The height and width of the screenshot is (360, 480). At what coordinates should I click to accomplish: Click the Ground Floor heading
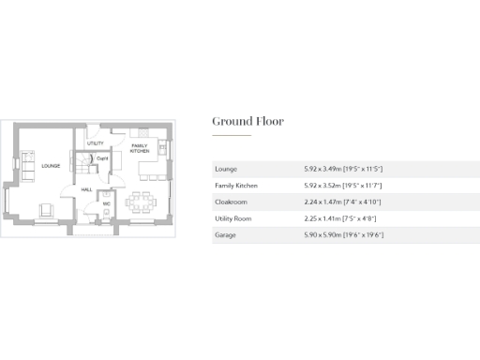[247, 121]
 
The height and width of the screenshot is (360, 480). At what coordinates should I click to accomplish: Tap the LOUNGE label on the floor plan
[51, 166]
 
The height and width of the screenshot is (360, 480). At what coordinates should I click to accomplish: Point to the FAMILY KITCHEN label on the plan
[139, 148]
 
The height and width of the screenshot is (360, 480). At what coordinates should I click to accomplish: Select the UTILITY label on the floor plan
[95, 142]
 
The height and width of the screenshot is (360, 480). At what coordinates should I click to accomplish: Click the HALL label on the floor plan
[86, 189]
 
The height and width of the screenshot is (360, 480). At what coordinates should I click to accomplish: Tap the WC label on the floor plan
[107, 203]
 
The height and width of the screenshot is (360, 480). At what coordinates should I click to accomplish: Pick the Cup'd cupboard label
[102, 158]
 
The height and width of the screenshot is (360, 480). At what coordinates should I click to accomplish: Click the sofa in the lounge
[24, 167]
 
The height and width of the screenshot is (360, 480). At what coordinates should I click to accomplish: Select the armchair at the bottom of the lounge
[44, 209]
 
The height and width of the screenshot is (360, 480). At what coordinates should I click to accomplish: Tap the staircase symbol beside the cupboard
[84, 162]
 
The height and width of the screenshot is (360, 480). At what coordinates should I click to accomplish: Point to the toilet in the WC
[107, 215]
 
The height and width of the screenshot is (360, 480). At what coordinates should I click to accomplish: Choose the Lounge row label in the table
[225, 169]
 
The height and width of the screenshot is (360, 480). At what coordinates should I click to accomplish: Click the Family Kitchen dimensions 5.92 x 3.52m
[343, 186]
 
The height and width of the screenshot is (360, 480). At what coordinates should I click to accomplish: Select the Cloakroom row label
[231, 202]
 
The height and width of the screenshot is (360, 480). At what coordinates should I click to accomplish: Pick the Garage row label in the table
[225, 235]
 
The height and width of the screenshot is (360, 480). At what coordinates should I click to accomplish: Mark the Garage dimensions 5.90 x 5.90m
[343, 235]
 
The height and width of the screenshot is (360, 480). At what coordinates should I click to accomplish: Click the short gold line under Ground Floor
[231, 136]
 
